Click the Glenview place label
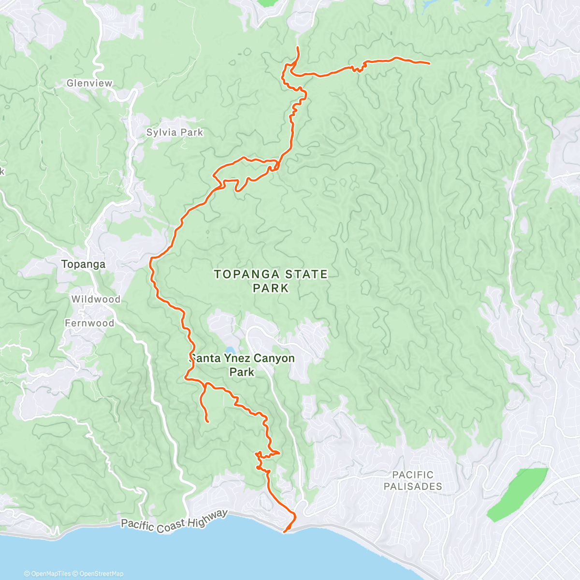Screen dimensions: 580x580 coord(89,83)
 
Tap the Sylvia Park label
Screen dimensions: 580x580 coord(174,132)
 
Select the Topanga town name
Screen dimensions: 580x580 coord(83,264)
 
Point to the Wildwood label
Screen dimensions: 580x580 coord(96,299)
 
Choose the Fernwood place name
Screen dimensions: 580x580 coord(89,323)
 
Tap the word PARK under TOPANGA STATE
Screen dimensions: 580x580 coord(271,288)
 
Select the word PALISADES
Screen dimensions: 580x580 coord(413,486)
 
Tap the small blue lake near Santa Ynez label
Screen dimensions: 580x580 coord(231,350)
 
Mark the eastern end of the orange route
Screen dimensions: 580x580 coord(429,63)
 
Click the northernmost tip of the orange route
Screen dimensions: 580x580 coord(297,47)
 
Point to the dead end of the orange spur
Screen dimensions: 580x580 coord(208,422)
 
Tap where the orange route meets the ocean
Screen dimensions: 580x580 coord(284,532)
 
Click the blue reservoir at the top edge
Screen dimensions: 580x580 coord(428,5)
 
